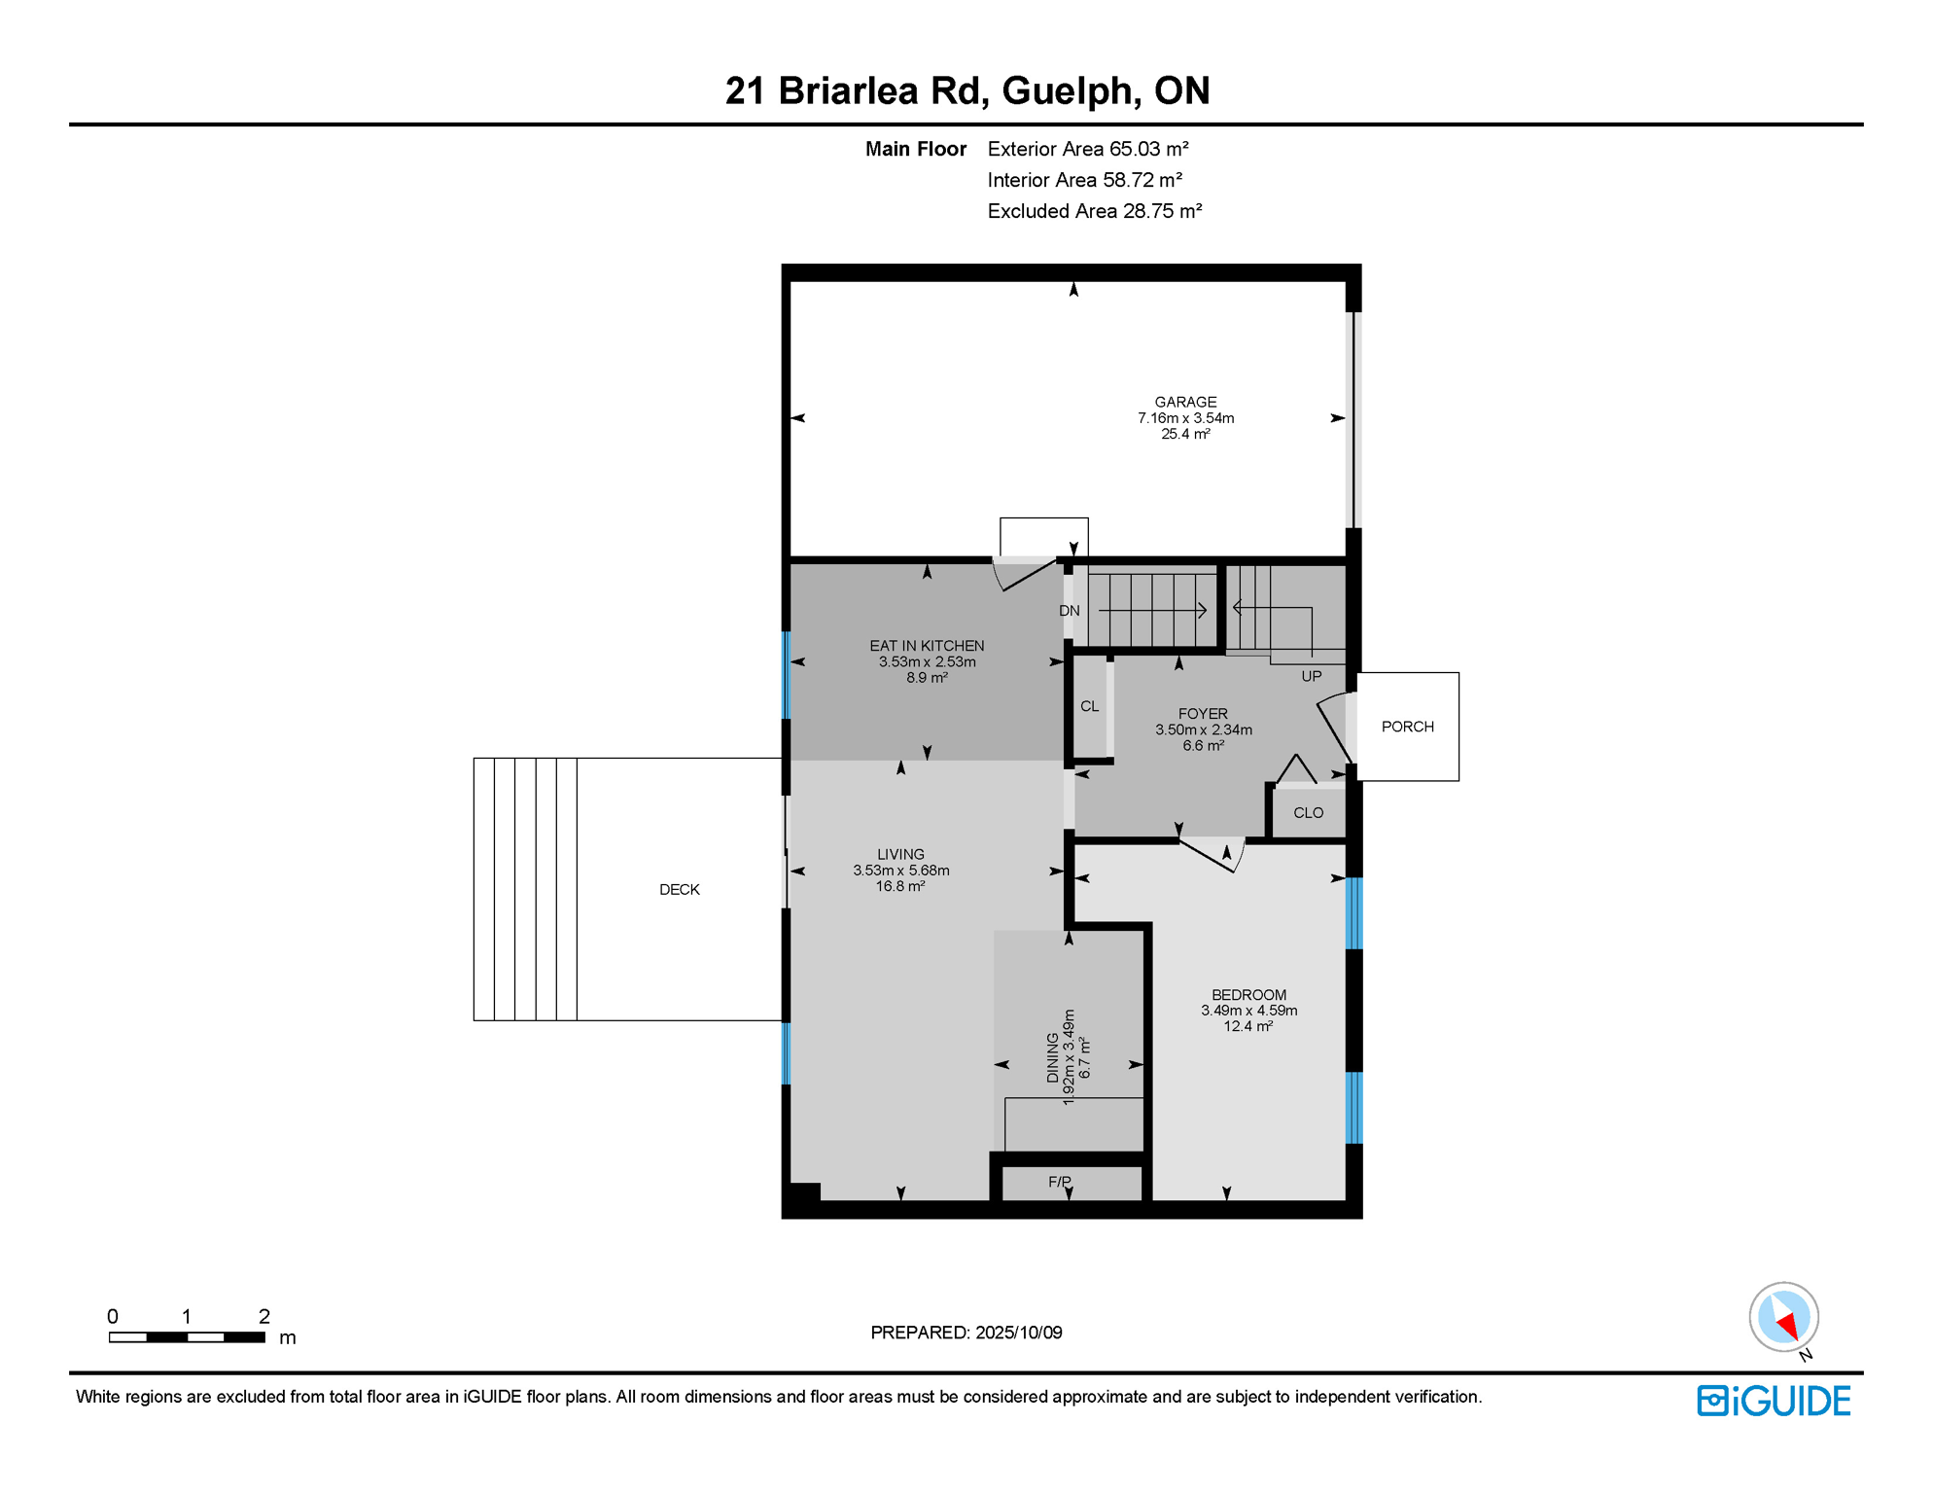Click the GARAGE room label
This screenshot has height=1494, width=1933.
1185,402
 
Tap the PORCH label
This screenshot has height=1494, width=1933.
1407,727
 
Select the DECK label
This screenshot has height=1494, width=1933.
679,889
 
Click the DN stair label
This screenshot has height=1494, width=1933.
1069,611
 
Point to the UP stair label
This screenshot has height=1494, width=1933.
1311,676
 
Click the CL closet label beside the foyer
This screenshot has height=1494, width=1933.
1089,706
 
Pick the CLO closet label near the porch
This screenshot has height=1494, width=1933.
1308,812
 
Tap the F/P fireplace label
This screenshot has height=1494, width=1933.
1059,1182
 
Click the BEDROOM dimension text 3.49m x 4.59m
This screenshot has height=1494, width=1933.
1248,1011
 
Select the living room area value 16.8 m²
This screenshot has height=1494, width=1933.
899,886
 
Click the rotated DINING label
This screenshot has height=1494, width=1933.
1052,1057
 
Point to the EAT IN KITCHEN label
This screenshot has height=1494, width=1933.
927,646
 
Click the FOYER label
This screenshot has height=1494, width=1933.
1203,714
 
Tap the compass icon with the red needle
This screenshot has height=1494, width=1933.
1783,1318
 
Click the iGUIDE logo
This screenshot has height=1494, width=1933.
1774,1401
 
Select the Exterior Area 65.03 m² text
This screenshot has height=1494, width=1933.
1087,149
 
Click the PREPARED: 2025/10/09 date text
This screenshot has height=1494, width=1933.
966,1333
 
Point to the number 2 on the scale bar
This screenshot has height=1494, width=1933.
264,1316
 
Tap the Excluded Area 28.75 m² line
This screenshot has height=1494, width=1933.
1094,211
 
